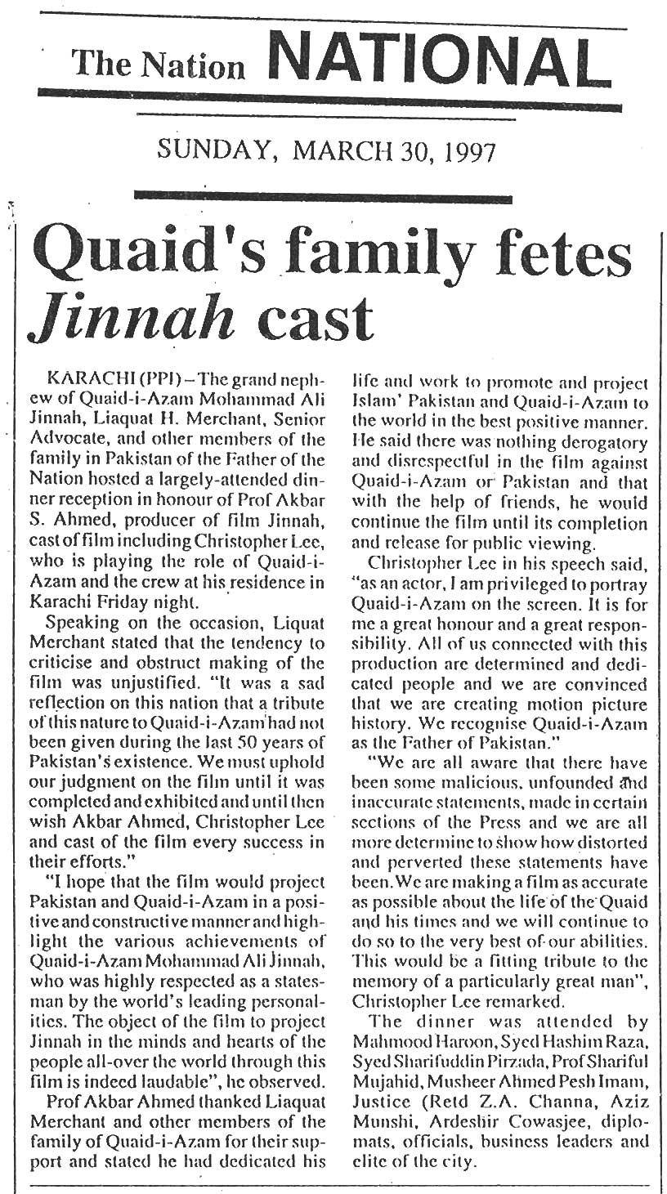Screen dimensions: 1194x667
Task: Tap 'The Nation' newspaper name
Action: pyautogui.click(x=158, y=65)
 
